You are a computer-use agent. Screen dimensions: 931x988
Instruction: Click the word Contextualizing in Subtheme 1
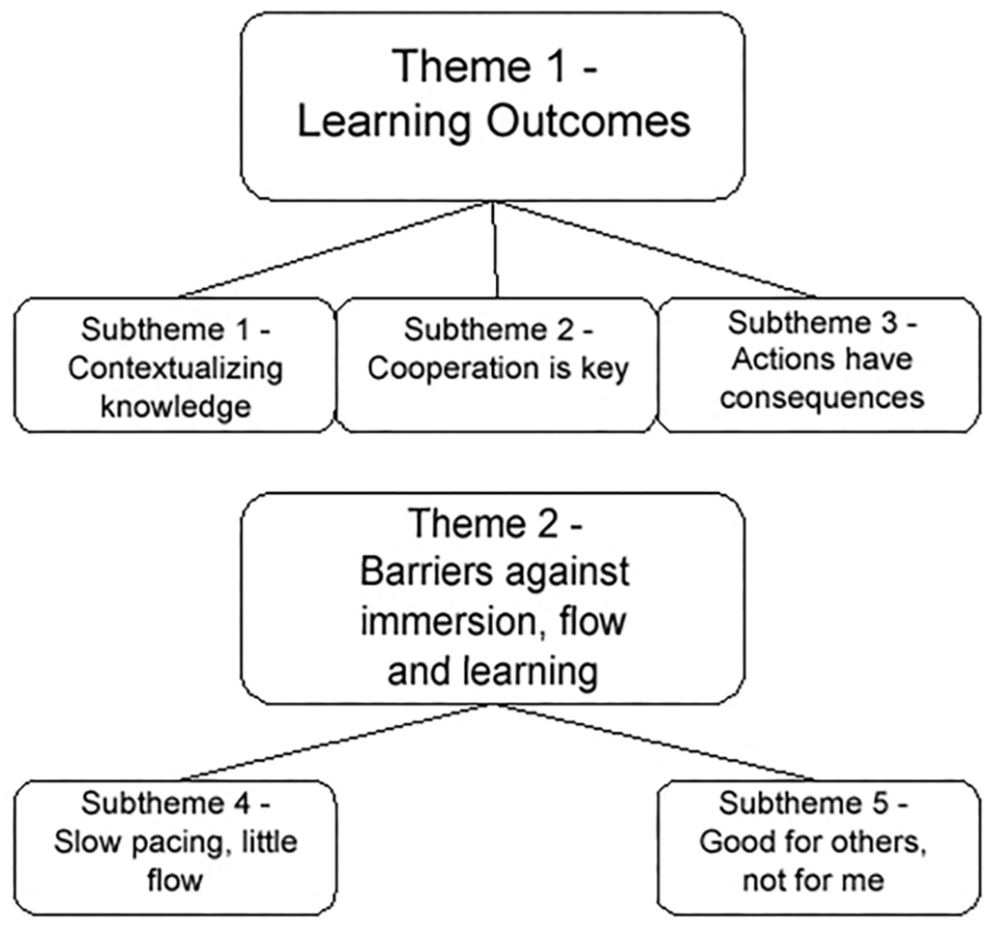[176, 369]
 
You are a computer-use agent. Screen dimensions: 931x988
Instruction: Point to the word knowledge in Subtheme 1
[176, 408]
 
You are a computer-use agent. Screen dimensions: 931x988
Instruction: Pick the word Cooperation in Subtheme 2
[453, 369]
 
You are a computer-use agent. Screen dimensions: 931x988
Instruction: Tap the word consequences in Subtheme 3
[822, 398]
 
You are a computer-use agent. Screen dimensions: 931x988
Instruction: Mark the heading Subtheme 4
[176, 803]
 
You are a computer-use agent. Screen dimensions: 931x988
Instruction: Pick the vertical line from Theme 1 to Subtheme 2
[495, 249]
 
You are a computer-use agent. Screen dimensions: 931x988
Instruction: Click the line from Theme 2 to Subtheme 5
[656, 742]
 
